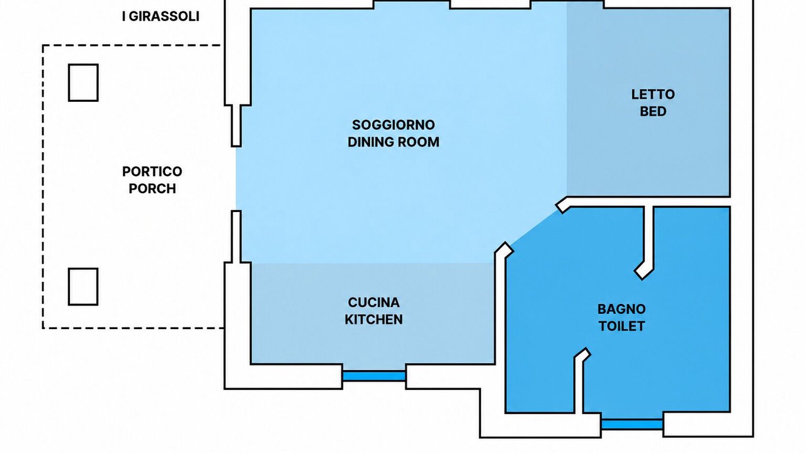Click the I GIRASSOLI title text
[x=161, y=16]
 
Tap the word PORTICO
[x=152, y=172]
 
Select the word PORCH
[x=152, y=188]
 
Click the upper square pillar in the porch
[x=84, y=82]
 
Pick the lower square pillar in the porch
[x=84, y=286]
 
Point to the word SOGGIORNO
[x=394, y=125]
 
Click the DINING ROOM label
[x=394, y=142]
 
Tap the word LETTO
[x=653, y=94]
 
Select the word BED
[x=653, y=111]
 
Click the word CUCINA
[x=373, y=303]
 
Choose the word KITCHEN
[x=373, y=319]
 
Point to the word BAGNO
[x=622, y=309]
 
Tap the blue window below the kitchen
[x=374, y=376]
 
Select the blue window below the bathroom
[x=632, y=424]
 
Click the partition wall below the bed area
[x=648, y=202]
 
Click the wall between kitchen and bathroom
[x=500, y=309]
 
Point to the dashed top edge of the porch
[x=132, y=45]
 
